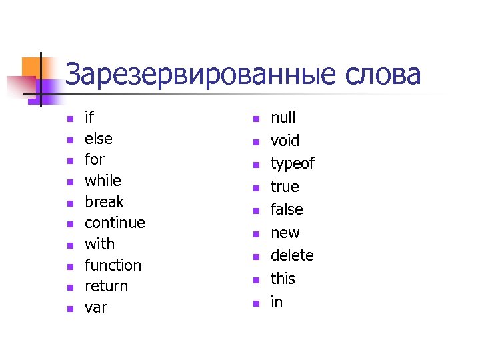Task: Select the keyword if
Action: point(89,118)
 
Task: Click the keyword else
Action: point(99,139)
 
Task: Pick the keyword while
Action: point(103,181)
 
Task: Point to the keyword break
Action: point(104,202)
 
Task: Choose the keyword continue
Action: point(115,223)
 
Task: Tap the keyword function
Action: point(113,265)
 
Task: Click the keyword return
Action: point(106,286)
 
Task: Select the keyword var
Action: point(96,308)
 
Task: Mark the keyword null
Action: point(283,118)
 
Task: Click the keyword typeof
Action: point(292,164)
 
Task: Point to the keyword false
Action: point(287,210)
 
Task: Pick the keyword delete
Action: point(292,256)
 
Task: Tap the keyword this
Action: point(283,279)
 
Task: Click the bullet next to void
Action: point(254,142)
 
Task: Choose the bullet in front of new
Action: point(254,234)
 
